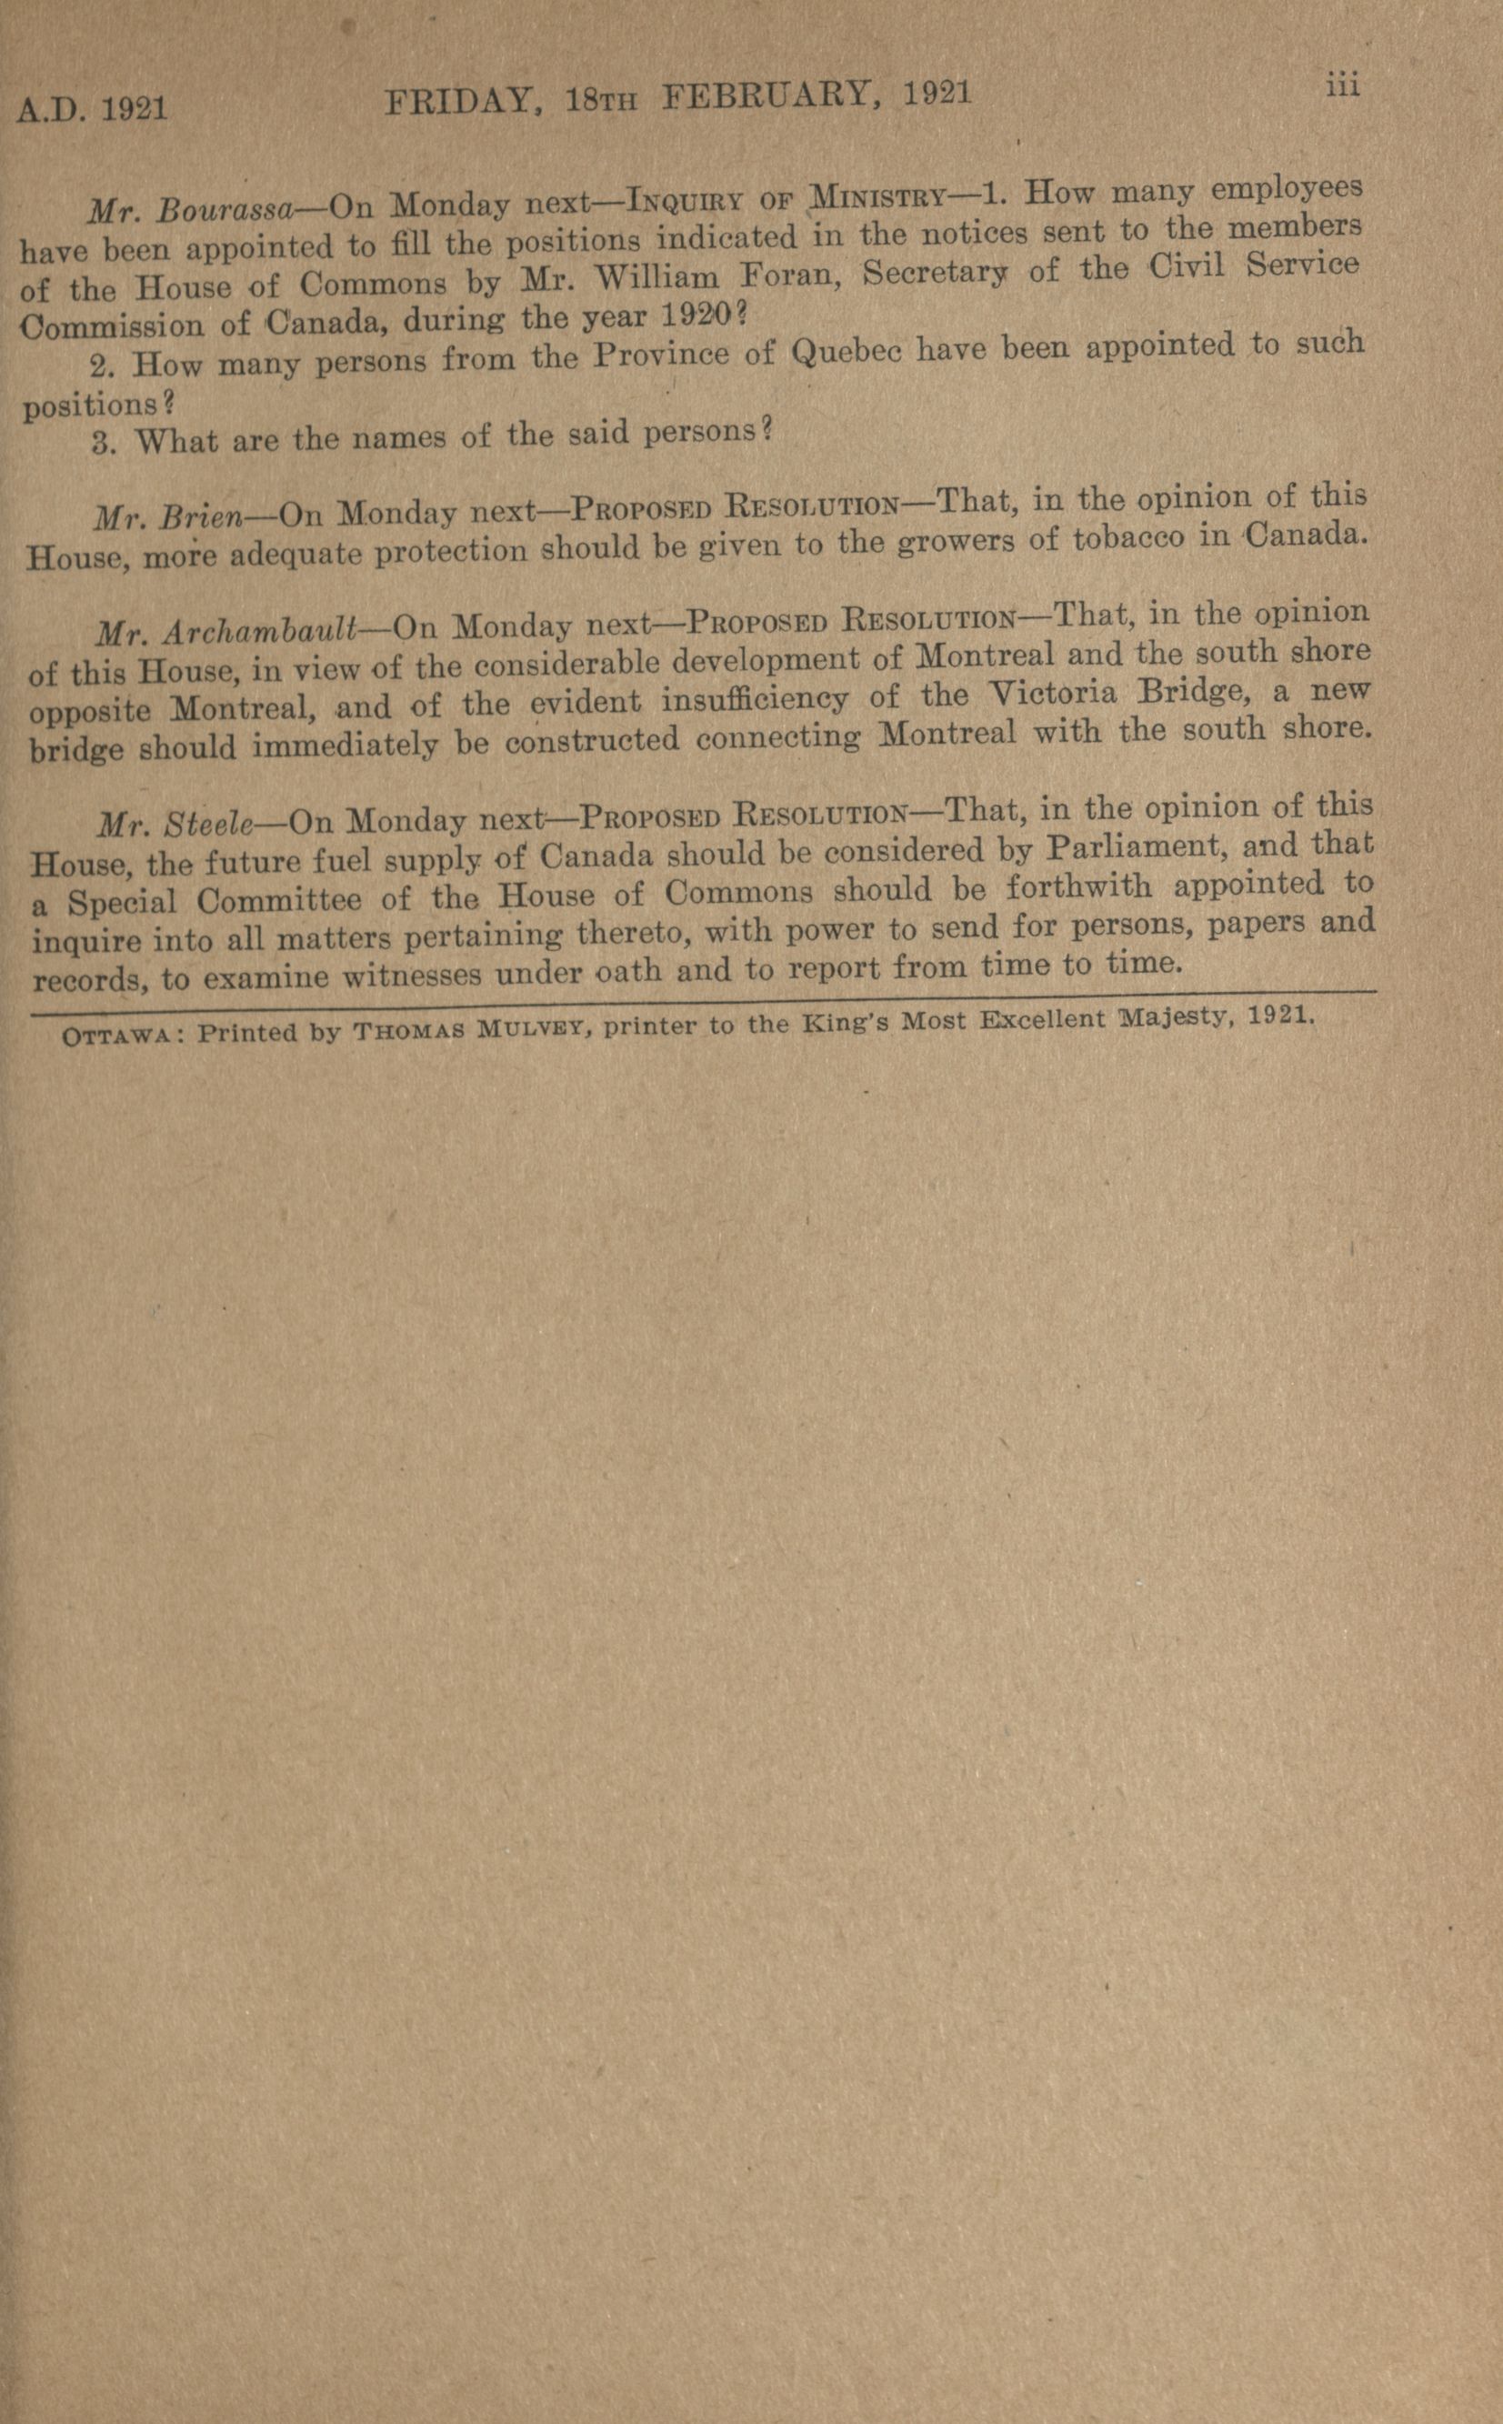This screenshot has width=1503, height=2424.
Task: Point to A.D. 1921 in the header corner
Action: (92, 107)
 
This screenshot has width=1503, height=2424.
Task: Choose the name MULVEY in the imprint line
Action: (535, 1027)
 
